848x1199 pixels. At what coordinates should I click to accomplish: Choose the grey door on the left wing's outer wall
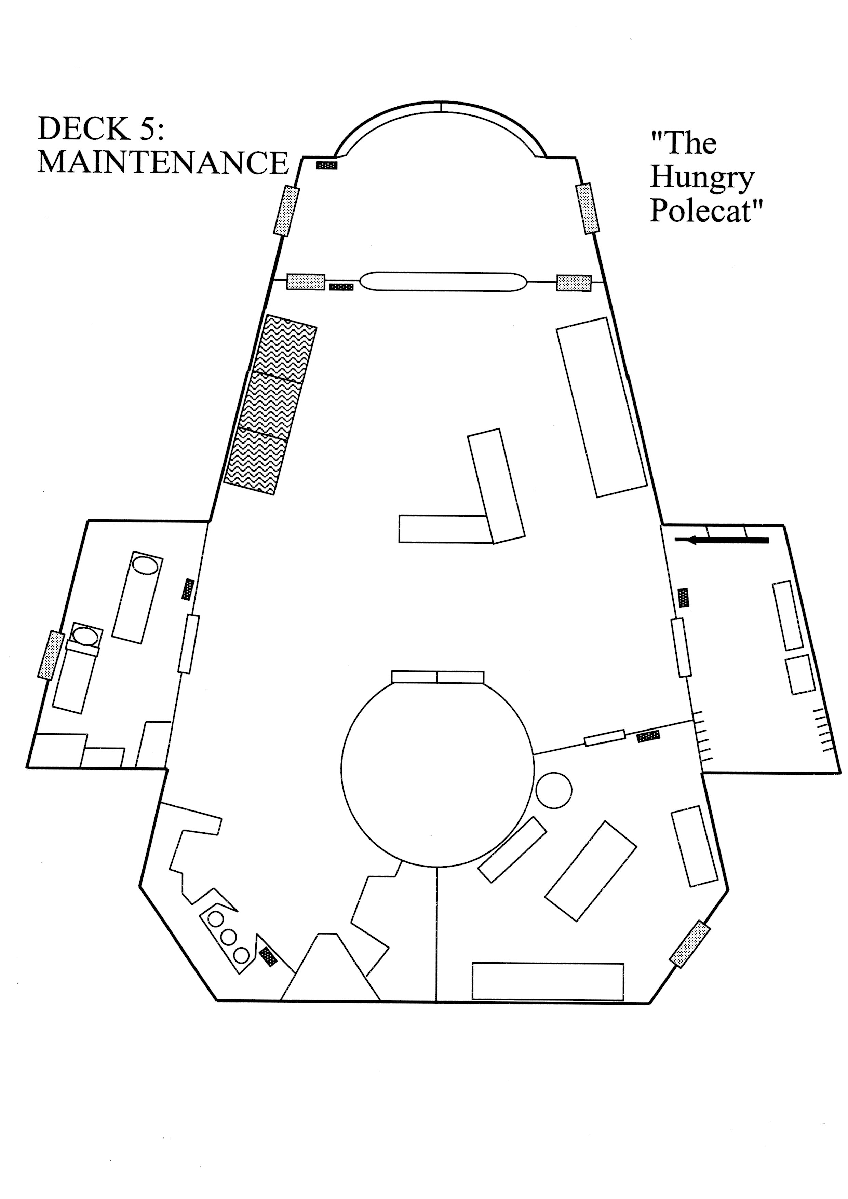[51, 655]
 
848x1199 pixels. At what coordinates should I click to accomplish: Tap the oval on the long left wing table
[145, 566]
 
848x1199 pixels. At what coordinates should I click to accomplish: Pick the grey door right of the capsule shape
[574, 283]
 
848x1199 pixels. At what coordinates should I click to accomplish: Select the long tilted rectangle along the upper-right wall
[601, 407]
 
